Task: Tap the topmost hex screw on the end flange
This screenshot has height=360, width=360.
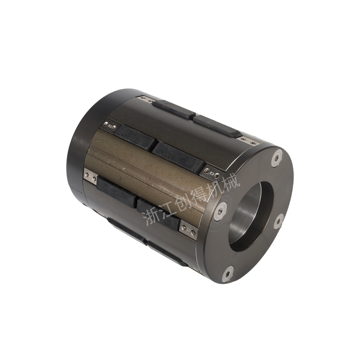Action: tap(277, 158)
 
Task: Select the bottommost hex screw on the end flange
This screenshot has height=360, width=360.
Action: tap(228, 274)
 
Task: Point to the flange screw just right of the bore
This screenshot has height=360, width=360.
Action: tap(279, 221)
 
